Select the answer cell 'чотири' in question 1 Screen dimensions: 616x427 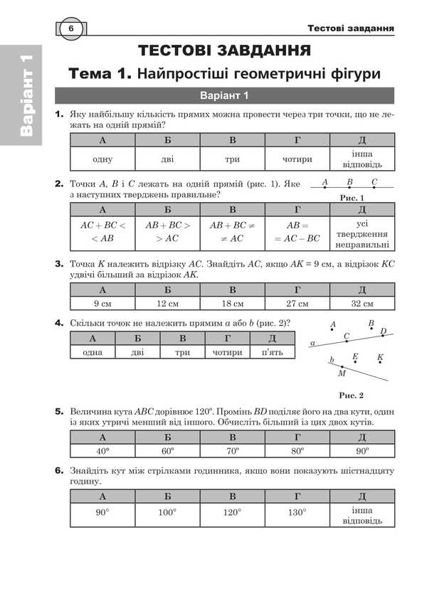pos(296,159)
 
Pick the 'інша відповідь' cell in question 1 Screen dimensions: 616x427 pos(362,159)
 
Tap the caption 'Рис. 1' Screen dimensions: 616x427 pos(352,198)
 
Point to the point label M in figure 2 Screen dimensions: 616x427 pos(342,373)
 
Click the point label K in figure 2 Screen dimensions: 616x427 pos(380,356)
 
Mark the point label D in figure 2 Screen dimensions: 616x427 pos(383,331)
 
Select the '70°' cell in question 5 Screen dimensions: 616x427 pos(232,451)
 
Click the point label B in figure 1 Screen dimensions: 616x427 pos(349,181)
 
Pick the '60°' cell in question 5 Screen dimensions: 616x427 pos(168,451)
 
